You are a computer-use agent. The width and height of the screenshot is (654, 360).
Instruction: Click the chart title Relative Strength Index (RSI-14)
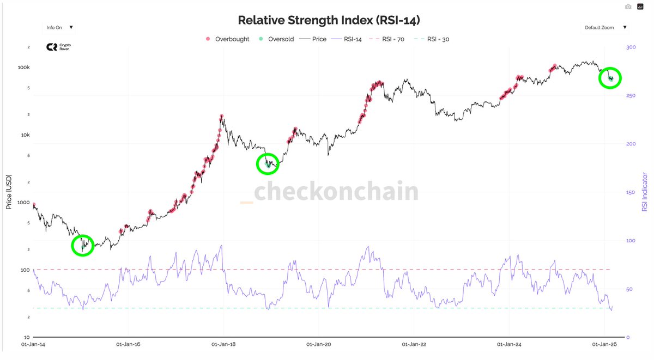[x=329, y=20]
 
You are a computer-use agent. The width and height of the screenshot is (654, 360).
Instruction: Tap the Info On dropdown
[x=59, y=27]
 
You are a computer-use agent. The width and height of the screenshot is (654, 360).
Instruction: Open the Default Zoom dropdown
[x=605, y=27]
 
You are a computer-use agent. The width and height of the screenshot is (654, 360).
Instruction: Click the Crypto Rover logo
[x=58, y=47]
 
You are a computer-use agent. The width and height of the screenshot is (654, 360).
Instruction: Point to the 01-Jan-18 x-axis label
[x=223, y=344]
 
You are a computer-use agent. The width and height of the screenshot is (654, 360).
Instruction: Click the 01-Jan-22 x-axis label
[x=414, y=344]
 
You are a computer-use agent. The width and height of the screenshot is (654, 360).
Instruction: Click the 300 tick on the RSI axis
[x=631, y=48]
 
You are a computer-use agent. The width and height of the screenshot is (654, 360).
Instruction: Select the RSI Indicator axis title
[x=645, y=192]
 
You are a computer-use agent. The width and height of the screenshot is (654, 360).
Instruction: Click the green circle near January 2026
[x=610, y=78]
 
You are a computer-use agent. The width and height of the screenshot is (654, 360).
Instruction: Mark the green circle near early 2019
[x=267, y=163]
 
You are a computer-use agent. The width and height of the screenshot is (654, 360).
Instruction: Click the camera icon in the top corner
[x=628, y=7]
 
